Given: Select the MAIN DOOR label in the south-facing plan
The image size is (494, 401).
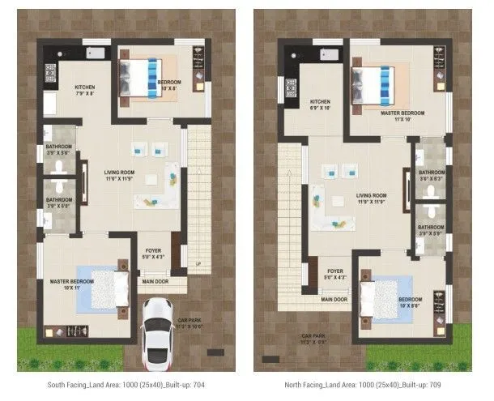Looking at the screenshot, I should pos(155,282).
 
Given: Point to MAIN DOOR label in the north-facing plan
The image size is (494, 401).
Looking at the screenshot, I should pos(334,299).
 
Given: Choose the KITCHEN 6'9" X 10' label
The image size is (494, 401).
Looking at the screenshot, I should pos(321,105).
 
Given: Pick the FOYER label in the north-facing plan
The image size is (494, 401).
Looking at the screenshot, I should pos(334,274).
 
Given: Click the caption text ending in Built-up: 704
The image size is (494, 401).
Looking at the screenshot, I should pos(126,384).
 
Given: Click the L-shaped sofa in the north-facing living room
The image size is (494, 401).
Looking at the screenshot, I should pos(324,207).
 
